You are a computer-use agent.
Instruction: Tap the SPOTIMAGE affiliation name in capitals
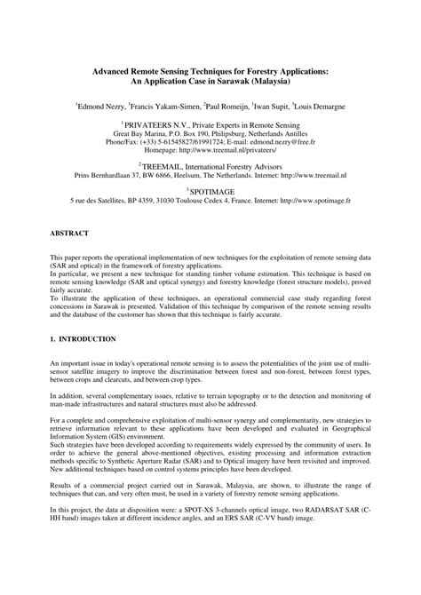(210, 191)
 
